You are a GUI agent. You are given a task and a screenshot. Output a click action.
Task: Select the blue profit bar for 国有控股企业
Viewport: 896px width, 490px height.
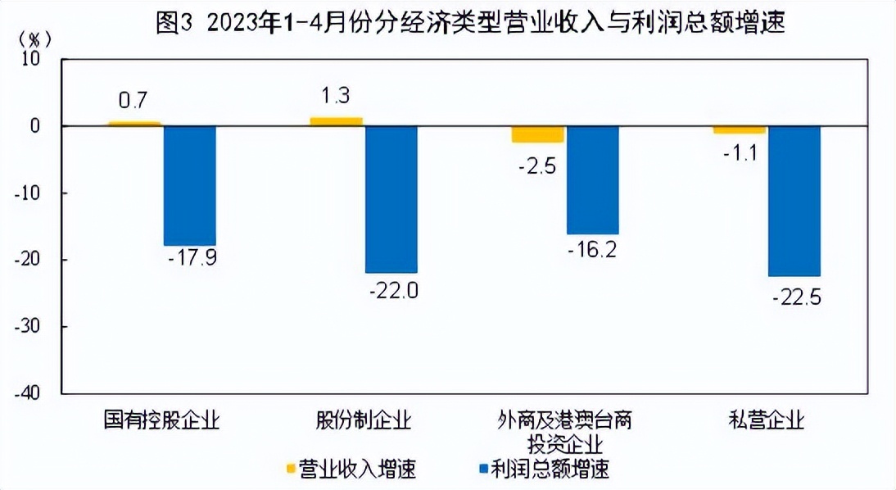coord(189,185)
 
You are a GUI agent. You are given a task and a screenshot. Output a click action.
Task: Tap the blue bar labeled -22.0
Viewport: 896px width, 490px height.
coord(391,199)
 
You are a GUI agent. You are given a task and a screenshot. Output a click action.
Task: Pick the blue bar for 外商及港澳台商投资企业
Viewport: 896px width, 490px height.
coord(592,179)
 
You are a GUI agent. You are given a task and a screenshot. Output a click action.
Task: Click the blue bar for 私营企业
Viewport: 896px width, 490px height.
coord(794,201)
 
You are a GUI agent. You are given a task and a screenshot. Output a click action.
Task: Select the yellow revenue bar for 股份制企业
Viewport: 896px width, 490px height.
coord(336,121)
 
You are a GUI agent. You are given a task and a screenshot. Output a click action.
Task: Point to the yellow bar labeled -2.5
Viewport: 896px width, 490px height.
coord(537,134)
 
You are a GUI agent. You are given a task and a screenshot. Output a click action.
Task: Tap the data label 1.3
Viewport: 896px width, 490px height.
coord(336,96)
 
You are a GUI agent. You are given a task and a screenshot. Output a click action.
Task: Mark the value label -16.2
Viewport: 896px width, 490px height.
coord(592,248)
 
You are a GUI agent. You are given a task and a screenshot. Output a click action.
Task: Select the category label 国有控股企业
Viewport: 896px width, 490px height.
coord(161,421)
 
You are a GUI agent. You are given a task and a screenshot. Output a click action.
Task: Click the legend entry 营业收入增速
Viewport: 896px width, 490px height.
coord(352,470)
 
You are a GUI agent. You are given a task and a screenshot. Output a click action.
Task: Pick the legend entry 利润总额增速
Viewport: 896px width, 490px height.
coord(545,470)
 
